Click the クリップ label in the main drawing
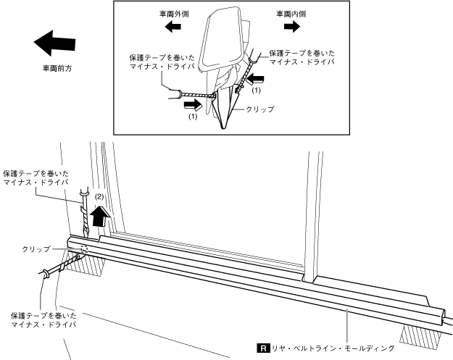[x=36, y=248]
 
